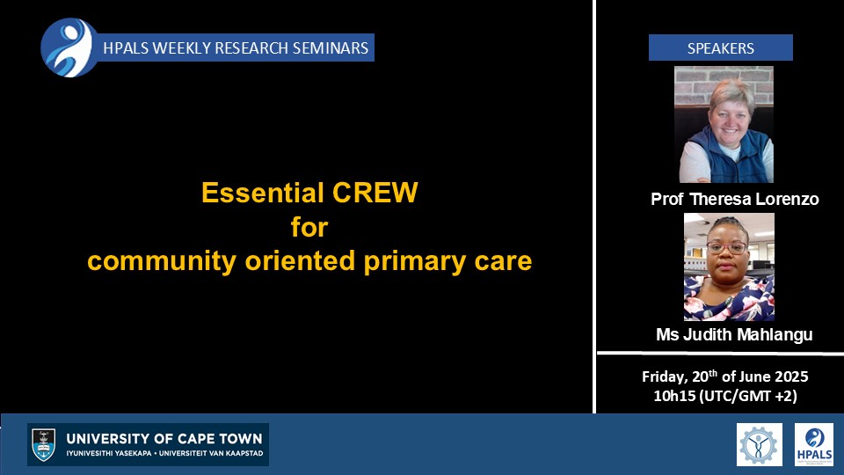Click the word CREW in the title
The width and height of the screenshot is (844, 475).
(x=375, y=193)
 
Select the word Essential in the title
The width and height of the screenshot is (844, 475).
(x=262, y=193)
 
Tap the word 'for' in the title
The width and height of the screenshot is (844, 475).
(x=309, y=227)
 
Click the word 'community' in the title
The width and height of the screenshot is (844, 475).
(x=162, y=261)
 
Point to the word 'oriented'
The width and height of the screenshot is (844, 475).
(x=300, y=260)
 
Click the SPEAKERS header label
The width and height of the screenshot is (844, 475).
(x=720, y=47)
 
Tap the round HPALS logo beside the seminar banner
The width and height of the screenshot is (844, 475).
(x=69, y=47)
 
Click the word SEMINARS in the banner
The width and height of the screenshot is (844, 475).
(x=331, y=47)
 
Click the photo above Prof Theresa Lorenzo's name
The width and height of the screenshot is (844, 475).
(x=724, y=124)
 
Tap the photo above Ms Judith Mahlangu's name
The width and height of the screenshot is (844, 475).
(x=729, y=267)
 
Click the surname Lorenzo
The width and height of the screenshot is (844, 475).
(x=787, y=200)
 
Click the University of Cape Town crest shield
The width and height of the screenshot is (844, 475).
(x=44, y=445)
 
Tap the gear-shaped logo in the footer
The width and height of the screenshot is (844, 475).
(x=759, y=444)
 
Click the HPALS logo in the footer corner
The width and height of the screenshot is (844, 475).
(x=814, y=444)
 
